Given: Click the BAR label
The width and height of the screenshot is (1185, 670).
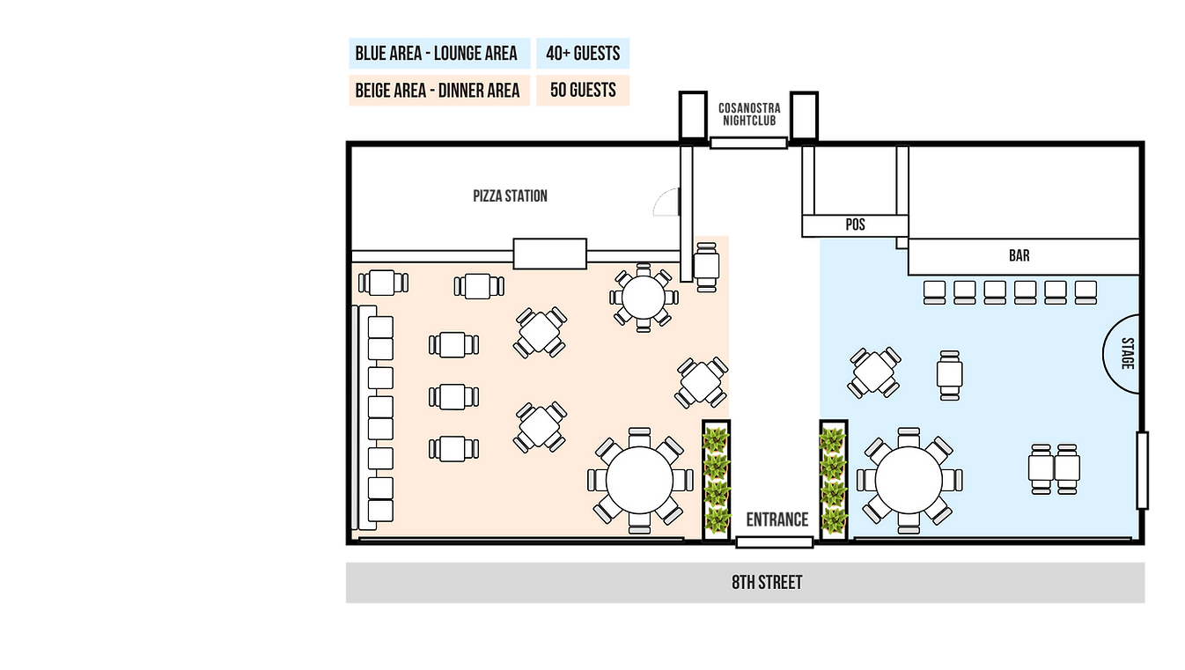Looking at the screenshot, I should [x=1019, y=257].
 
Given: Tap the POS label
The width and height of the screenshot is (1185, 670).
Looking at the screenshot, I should [x=855, y=225].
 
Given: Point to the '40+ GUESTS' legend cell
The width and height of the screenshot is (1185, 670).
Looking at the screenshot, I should [x=583, y=53].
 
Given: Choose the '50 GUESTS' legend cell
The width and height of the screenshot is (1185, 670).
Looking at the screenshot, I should [x=583, y=91].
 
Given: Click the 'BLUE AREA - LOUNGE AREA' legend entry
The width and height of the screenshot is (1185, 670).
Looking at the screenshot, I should [x=437, y=53].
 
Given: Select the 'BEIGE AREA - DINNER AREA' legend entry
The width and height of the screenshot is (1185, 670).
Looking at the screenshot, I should [x=438, y=91].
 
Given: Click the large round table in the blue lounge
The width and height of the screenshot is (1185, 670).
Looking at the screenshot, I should [x=910, y=481].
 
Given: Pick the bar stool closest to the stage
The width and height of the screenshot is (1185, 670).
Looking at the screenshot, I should [x=1086, y=291].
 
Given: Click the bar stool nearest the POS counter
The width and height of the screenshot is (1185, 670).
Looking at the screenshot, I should [x=934, y=291].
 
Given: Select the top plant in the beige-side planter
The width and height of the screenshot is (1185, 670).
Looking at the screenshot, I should [x=717, y=438].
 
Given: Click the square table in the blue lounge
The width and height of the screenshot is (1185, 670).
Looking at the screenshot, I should [x=874, y=372].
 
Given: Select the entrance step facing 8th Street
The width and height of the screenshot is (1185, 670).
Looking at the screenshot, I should [x=773, y=542].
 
